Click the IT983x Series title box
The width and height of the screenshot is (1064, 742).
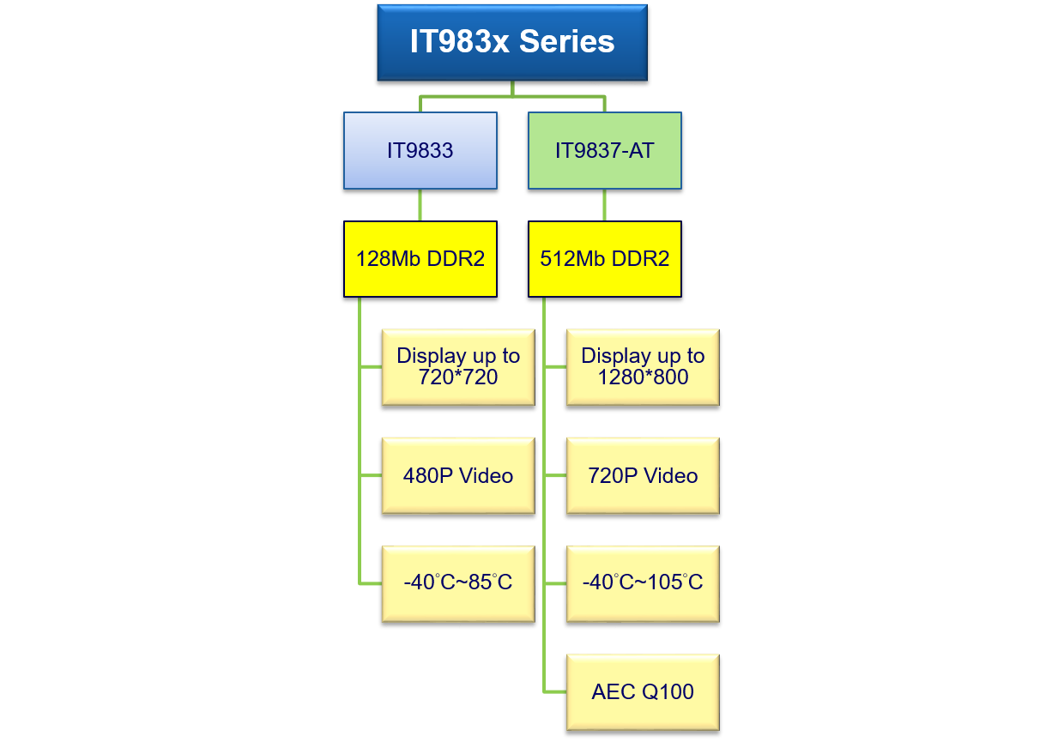click(x=512, y=42)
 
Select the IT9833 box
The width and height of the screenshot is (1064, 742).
click(x=420, y=151)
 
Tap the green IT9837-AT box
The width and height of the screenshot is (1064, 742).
click(x=605, y=151)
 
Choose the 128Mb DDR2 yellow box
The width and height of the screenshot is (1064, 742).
click(x=420, y=259)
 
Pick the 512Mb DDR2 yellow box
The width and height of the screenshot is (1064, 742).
click(x=605, y=259)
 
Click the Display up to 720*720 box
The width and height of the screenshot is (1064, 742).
click(x=458, y=367)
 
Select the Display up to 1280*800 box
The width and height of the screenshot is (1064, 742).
click(x=643, y=367)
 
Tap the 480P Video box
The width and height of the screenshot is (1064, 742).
click(x=458, y=476)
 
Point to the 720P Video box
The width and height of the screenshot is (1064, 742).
click(x=643, y=476)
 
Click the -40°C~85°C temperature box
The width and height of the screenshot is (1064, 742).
click(x=458, y=583)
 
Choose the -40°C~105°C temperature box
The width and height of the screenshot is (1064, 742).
click(x=643, y=583)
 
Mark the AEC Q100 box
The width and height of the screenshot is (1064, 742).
click(x=643, y=692)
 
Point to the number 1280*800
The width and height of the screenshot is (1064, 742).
click(x=643, y=377)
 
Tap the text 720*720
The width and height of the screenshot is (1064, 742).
click(x=458, y=377)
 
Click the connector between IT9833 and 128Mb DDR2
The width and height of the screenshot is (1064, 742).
click(x=420, y=206)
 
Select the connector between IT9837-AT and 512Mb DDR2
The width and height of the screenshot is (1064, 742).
click(x=605, y=206)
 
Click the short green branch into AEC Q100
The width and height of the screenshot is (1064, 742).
click(x=555, y=691)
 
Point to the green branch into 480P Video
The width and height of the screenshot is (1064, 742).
click(x=371, y=475)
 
